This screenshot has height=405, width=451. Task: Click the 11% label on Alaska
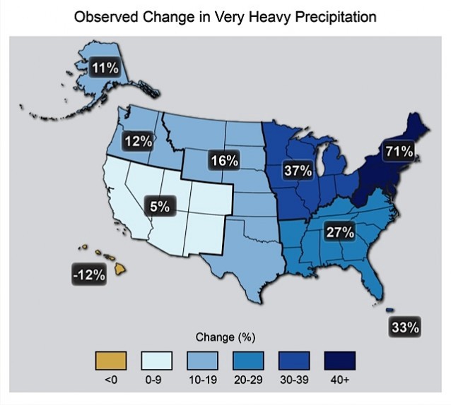[105, 68]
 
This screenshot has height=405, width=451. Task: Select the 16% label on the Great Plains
[223, 161]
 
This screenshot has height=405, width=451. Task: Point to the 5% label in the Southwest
[160, 207]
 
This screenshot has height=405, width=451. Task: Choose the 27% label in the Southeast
[339, 232]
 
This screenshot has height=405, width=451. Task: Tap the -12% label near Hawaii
[89, 274]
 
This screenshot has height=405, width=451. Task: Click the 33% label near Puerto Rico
[406, 327]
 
